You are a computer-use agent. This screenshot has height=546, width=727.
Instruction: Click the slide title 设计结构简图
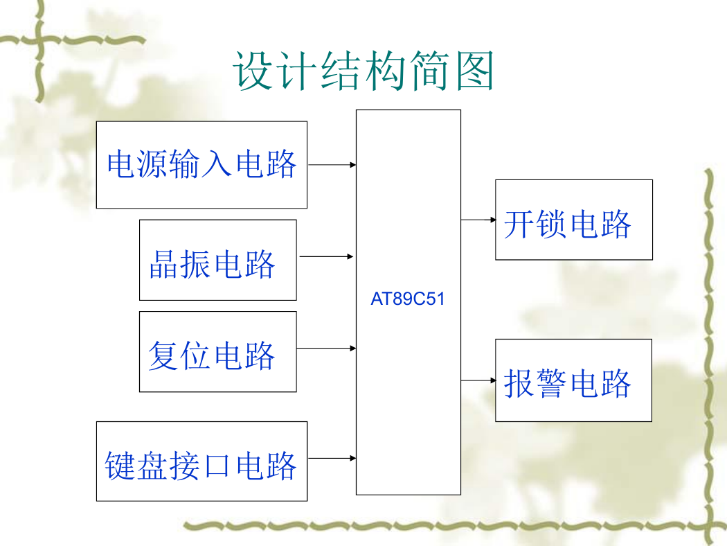[x=363, y=71]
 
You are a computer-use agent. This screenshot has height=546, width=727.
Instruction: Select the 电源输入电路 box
[x=201, y=165]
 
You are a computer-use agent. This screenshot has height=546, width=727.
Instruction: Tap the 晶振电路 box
[x=218, y=260]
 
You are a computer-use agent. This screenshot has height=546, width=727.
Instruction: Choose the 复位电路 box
[x=218, y=351]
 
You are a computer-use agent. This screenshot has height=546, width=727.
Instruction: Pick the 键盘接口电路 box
[x=201, y=461]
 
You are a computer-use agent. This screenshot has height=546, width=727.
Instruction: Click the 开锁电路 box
[x=574, y=220]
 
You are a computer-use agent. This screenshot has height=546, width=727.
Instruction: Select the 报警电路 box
[x=573, y=380]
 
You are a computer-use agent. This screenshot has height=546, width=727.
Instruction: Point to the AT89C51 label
[x=408, y=299]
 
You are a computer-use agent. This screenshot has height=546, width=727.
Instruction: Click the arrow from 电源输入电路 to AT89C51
[x=332, y=165]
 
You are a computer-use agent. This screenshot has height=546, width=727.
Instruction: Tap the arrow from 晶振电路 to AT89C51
[x=326, y=256]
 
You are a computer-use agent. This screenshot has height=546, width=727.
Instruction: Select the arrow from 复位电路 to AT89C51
[x=326, y=348]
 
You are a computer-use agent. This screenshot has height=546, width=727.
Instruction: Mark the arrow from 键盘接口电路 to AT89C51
[x=332, y=458]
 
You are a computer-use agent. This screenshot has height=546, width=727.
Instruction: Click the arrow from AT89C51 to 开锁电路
[x=478, y=220]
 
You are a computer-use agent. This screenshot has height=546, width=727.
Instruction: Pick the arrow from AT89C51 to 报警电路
[x=478, y=381]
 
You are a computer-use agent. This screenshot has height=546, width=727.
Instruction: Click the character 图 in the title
[x=475, y=71]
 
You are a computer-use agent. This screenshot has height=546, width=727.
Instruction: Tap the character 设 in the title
[x=252, y=71]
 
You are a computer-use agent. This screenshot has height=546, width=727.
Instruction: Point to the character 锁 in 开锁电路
[x=552, y=224]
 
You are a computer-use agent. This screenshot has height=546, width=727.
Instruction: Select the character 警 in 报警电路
[x=552, y=384]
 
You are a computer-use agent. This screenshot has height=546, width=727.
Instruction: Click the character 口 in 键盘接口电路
[x=217, y=466]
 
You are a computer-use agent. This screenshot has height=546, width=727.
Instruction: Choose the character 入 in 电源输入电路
[x=217, y=164]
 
